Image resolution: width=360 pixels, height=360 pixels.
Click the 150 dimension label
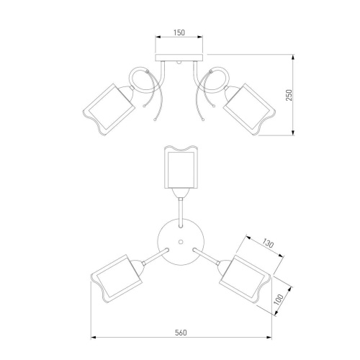[179, 32]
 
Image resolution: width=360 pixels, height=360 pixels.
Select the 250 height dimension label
[289, 95]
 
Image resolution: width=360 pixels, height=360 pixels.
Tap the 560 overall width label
[181, 333]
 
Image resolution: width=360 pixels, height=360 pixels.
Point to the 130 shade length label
[268, 243]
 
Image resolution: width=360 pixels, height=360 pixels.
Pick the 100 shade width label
[279, 300]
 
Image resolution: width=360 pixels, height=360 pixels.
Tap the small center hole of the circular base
[181, 242]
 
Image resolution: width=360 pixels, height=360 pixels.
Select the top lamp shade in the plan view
[181, 167]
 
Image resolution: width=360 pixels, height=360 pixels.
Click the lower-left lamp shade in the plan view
[117, 279]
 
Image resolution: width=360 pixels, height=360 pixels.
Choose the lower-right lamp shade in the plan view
[245, 279]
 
